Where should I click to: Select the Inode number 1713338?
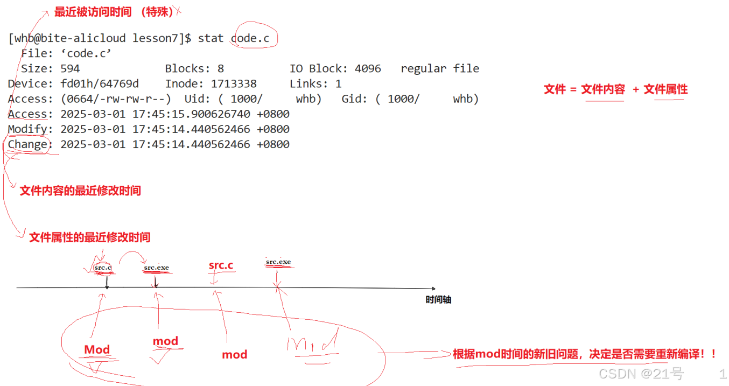(x=234, y=84)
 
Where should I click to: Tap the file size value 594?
(x=70, y=69)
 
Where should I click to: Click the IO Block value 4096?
(x=368, y=69)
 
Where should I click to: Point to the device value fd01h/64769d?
(x=100, y=84)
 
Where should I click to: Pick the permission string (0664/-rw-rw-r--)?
(x=116, y=99)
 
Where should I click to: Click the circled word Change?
(x=27, y=144)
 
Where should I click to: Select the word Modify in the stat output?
(x=27, y=129)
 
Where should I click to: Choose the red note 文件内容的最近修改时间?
(x=80, y=191)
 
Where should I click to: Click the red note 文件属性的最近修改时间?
(x=89, y=237)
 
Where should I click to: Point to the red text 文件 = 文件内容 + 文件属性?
(x=615, y=89)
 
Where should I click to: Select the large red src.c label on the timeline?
(x=221, y=265)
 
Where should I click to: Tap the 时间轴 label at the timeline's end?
(x=438, y=300)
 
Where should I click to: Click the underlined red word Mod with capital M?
(x=97, y=350)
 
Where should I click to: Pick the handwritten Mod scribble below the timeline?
(x=312, y=343)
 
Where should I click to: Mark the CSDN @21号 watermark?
(x=641, y=373)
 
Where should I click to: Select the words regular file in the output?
(x=440, y=69)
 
